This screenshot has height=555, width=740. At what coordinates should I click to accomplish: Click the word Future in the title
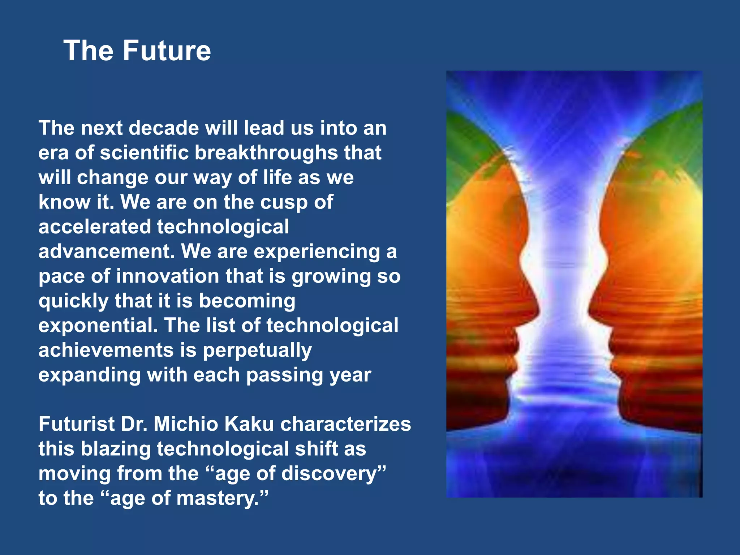167,51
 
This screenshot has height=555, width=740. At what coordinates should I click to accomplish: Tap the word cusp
284,202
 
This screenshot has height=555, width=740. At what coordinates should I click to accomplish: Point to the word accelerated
94,227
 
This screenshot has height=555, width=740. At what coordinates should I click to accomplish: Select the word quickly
73,301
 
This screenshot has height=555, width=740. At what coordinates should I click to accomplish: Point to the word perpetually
257,351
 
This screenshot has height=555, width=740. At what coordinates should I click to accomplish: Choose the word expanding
89,375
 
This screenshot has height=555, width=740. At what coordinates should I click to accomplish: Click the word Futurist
76,424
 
